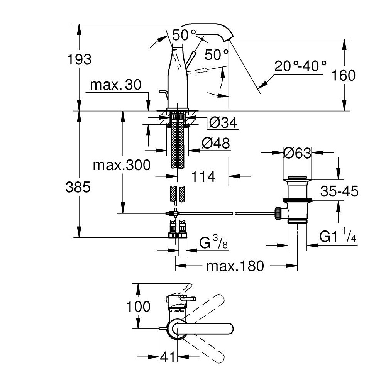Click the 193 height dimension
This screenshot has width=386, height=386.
tap(79, 59)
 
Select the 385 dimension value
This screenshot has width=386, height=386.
tap(78, 187)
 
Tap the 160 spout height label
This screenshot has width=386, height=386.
tap(344, 75)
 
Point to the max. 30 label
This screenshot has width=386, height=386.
tap(115, 85)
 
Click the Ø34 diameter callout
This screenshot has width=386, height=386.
tap(223, 122)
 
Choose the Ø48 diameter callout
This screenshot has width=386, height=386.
tap(216, 143)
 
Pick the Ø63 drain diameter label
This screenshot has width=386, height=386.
tap(297, 153)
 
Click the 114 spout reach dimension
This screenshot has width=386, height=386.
tap(203, 176)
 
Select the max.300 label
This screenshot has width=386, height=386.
tap(122, 165)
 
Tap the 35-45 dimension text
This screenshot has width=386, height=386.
tap(339, 191)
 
